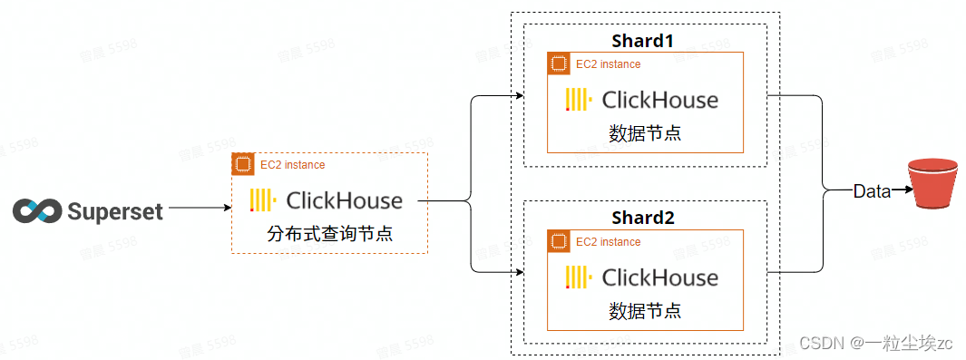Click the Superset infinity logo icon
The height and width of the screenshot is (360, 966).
tap(36, 210)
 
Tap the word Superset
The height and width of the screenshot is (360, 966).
tap(115, 211)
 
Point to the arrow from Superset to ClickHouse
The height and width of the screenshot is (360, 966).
tap(200, 209)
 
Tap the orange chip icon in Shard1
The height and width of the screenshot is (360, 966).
tap(558, 63)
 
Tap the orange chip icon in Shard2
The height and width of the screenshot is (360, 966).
tap(558, 241)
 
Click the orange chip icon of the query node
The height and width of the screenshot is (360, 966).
tap(242, 164)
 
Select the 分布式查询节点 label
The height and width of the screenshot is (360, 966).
tap(335, 235)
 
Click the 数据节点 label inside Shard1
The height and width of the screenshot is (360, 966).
tap(645, 132)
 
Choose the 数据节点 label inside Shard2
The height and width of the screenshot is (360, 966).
tap(645, 311)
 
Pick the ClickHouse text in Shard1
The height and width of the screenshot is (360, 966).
tap(659, 100)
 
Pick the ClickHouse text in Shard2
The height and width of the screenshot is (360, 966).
tap(659, 277)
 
